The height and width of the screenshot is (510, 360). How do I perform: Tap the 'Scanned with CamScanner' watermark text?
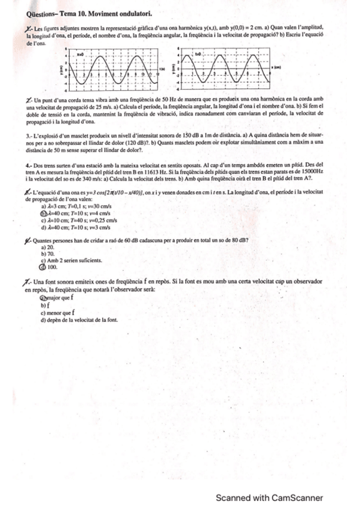[x=270, y=498]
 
